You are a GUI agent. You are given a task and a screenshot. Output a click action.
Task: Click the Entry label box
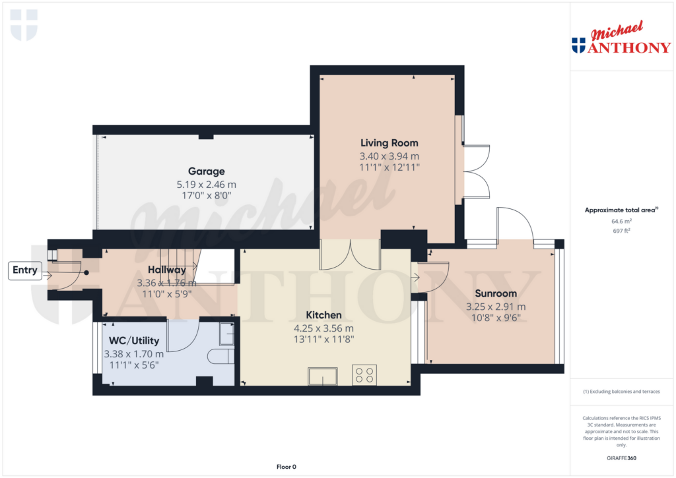click(24, 270)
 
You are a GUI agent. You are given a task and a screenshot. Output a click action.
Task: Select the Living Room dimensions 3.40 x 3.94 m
click(389, 156)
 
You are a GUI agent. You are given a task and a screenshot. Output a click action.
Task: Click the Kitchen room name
click(323, 315)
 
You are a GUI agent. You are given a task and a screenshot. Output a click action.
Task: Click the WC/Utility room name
click(134, 341)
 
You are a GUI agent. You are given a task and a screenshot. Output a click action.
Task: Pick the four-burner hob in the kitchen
click(364, 374)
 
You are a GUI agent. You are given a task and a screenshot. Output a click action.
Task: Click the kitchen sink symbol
click(322, 376)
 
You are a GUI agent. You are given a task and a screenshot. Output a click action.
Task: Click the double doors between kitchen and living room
click(351, 254)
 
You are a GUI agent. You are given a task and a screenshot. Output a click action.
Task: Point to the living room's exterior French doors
click(475, 170)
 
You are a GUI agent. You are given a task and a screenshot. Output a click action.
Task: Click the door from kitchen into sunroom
click(431, 276)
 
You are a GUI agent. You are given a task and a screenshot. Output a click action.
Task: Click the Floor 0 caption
click(286, 467)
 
